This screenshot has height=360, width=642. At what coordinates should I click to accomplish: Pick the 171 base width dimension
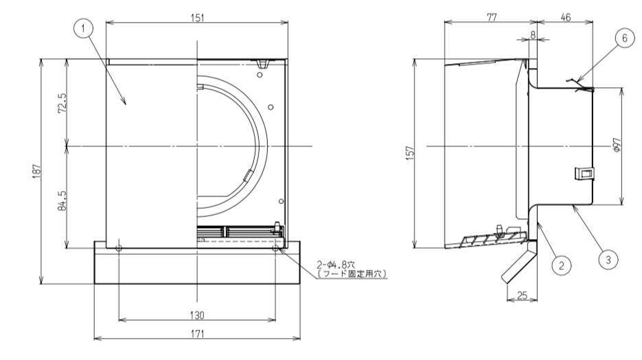(x=197, y=333)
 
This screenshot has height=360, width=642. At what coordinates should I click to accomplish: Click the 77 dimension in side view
(x=491, y=16)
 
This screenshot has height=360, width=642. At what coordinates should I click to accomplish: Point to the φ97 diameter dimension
(x=617, y=146)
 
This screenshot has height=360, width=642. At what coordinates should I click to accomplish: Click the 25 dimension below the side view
(x=521, y=295)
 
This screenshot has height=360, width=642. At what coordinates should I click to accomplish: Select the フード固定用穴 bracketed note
(x=352, y=273)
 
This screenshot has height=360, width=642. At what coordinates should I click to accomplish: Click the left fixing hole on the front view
(x=119, y=248)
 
